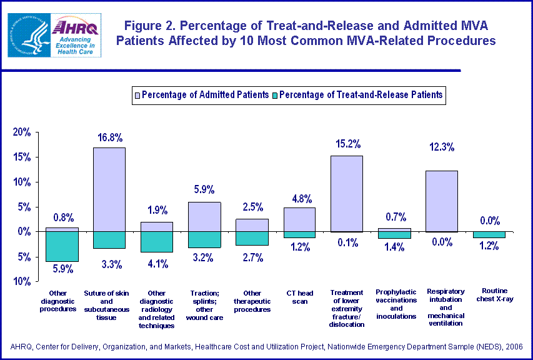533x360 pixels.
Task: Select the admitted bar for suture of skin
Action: tap(109, 189)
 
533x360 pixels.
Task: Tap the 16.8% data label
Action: tap(109, 137)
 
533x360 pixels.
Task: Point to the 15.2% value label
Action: tap(347, 144)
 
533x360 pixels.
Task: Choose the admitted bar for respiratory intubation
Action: tap(442, 201)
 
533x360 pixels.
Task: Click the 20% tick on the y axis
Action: tap(22, 132)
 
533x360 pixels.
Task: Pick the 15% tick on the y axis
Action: tap(22, 157)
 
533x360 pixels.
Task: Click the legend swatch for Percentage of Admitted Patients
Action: tap(137, 95)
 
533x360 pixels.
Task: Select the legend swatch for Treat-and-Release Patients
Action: tap(274, 95)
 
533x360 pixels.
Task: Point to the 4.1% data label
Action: tap(157, 264)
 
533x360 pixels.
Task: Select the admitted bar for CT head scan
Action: tap(299, 219)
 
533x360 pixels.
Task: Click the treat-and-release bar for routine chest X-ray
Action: tap(489, 234)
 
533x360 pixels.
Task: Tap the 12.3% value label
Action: tap(442, 147)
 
